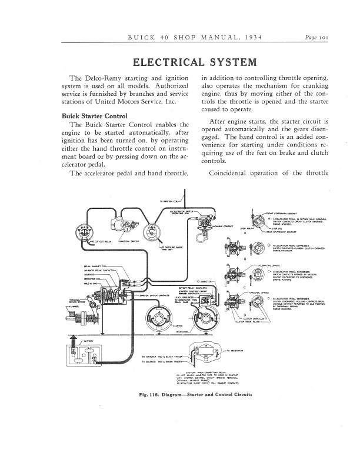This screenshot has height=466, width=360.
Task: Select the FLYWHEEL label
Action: (77, 307)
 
